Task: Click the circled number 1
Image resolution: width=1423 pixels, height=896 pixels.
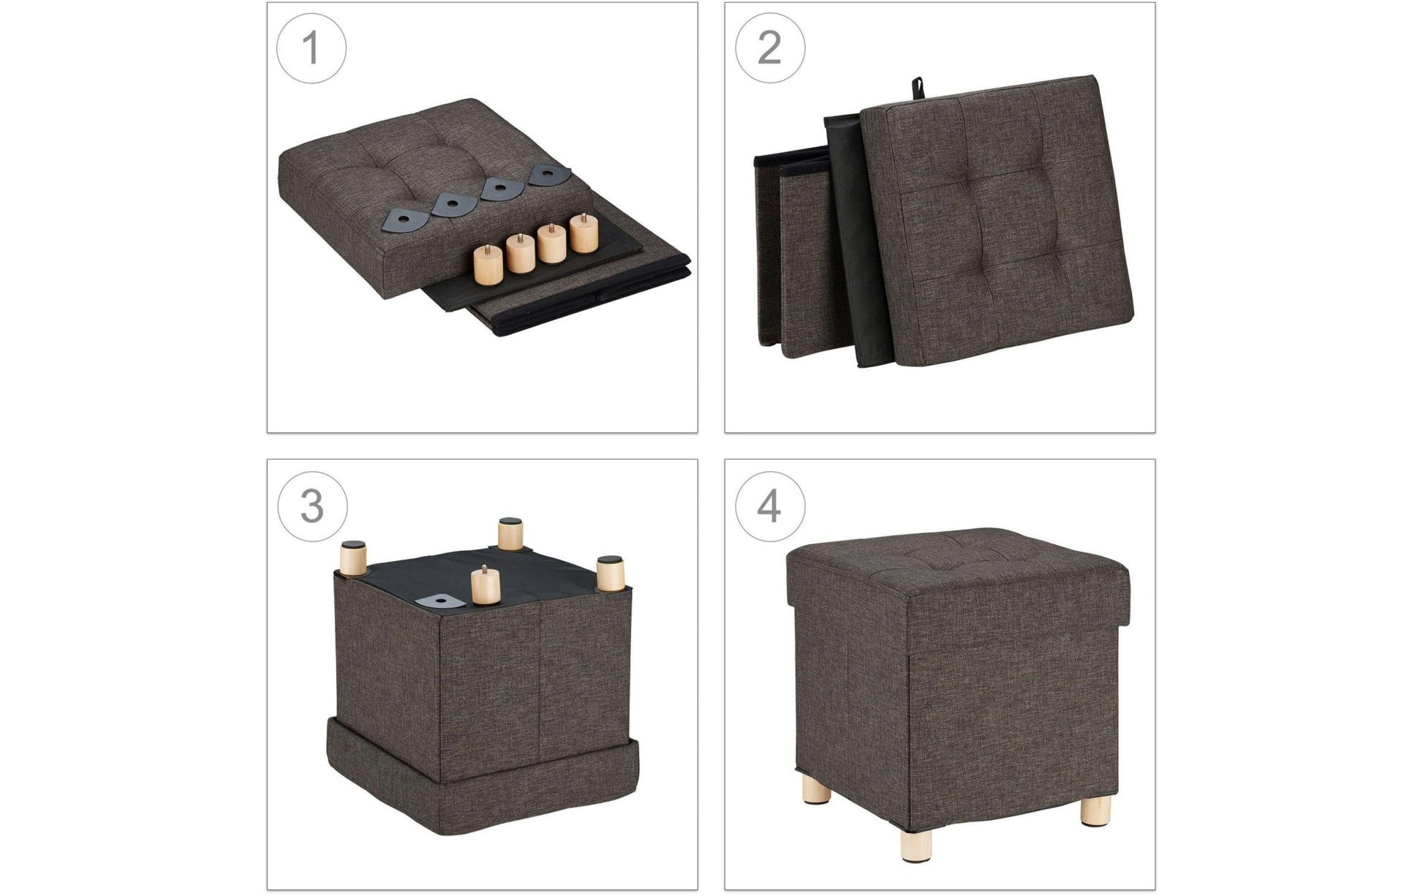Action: click(311, 48)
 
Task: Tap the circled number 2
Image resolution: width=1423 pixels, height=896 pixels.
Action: click(769, 48)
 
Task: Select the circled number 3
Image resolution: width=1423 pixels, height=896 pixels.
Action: click(312, 506)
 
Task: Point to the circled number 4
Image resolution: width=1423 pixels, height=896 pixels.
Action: click(769, 506)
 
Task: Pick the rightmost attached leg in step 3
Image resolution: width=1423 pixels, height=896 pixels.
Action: click(610, 576)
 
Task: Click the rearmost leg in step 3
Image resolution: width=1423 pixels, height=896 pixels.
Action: click(510, 533)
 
